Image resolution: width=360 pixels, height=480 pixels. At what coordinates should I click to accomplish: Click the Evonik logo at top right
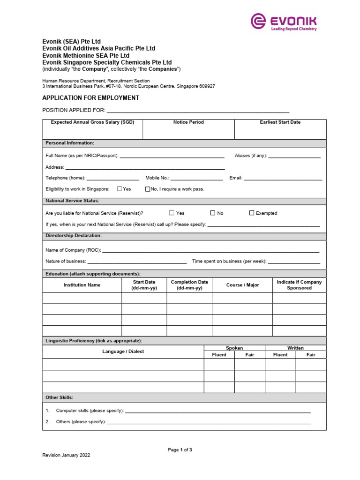284,22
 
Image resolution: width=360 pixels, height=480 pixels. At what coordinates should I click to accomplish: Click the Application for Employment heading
90,98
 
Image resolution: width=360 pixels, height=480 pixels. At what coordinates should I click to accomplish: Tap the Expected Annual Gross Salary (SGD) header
92,122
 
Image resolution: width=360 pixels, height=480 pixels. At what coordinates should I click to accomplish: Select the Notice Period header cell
188,122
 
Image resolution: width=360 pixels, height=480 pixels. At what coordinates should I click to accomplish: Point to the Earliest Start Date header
280,122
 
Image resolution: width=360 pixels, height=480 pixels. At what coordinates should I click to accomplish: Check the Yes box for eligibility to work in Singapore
120,189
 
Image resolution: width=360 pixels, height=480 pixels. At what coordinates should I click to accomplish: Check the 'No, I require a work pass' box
148,189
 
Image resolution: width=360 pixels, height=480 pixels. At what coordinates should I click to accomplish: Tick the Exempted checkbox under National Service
252,213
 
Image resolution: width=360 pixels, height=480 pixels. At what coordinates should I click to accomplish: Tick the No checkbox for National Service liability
213,213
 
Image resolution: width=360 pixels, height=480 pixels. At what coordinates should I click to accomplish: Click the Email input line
283,179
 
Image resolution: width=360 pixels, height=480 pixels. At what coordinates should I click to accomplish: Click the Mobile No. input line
197,179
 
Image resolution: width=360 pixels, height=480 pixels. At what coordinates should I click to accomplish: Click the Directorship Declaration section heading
73,236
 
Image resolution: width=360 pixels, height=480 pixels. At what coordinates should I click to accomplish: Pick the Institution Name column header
82,285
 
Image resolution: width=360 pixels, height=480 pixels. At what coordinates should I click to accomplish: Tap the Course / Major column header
242,285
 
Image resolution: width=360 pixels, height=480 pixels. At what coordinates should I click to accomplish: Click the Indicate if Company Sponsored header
299,285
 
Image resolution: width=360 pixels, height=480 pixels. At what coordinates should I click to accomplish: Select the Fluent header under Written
280,355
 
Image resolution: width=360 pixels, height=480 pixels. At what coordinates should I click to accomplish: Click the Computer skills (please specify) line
217,411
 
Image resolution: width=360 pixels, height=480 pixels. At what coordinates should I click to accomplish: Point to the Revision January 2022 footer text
67,455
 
